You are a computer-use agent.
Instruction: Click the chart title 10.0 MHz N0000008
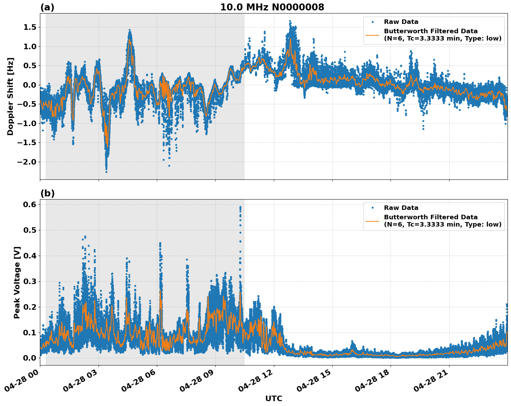(x=272, y=7)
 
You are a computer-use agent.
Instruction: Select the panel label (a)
(x=47, y=7)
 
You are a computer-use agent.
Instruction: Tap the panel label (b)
(x=47, y=193)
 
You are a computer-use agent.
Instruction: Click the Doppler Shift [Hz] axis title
(x=10, y=96)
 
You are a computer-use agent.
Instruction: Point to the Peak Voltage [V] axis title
(x=17, y=282)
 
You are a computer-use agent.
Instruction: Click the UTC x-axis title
(x=274, y=398)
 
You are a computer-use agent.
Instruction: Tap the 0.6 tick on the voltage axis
(x=30, y=204)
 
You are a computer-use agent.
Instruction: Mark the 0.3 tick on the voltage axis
(x=30, y=281)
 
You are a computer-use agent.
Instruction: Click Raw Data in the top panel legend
(x=401, y=22)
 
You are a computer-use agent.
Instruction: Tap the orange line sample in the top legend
(x=372, y=35)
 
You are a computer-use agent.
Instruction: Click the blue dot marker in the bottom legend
(x=372, y=208)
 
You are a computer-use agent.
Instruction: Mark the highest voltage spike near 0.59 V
(x=240, y=207)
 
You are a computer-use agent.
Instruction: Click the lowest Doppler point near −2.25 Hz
(x=106, y=172)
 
